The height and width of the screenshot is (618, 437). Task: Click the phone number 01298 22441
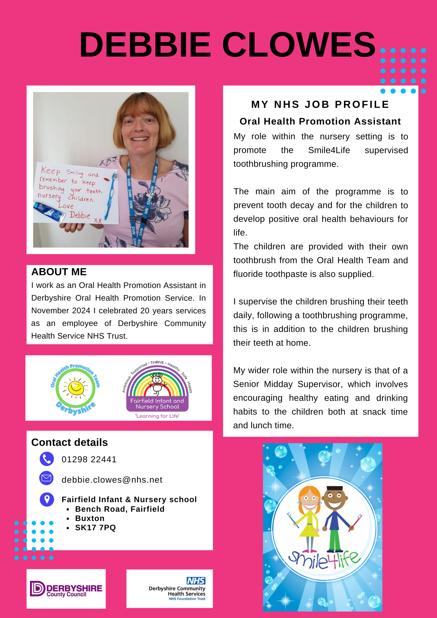(x=89, y=459)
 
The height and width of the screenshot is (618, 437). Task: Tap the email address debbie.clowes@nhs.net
(x=112, y=480)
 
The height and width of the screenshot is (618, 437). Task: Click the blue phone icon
(x=47, y=459)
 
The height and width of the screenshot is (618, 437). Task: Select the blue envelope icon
(x=47, y=478)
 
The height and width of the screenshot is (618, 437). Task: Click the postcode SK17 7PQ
(x=95, y=528)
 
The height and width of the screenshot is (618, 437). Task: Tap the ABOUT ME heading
(x=59, y=272)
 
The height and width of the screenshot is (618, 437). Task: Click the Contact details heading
(x=70, y=442)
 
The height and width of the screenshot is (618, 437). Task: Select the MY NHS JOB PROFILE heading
(x=320, y=104)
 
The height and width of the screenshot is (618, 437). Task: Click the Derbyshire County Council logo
(x=66, y=589)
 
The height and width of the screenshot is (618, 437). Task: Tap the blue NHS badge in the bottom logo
(x=196, y=581)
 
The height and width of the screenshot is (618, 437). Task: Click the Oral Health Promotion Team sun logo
(x=75, y=388)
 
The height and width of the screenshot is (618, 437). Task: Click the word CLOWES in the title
(x=299, y=45)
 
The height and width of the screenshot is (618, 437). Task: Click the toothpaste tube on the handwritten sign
(x=49, y=212)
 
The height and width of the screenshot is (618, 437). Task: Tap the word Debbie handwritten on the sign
(x=79, y=215)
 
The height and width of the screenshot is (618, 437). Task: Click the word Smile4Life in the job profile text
(x=329, y=150)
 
